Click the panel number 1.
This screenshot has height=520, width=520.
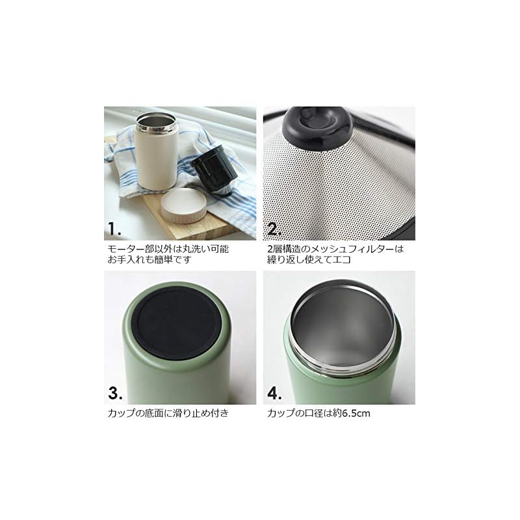click(x=114, y=229)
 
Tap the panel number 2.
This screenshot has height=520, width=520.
click(x=274, y=229)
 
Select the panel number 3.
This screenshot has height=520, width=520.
click(x=115, y=393)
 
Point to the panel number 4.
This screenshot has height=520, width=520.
click(x=274, y=393)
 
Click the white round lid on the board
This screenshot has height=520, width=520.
click(x=182, y=205)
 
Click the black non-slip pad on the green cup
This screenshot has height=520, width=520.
click(x=177, y=324)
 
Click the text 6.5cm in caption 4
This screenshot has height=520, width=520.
click(x=356, y=413)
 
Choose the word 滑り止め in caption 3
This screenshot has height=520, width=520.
click(x=196, y=413)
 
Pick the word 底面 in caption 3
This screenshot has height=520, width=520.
click(x=154, y=413)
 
